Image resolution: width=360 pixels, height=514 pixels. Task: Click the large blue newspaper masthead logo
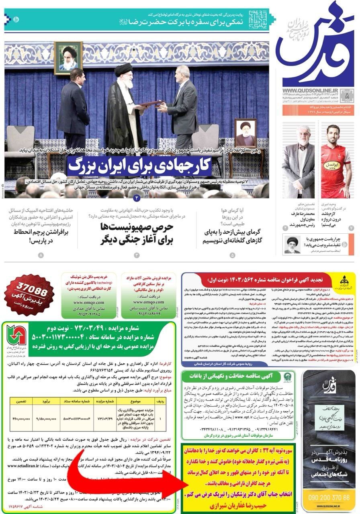click(315, 44)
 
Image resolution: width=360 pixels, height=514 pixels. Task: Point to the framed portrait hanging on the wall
click(68, 57)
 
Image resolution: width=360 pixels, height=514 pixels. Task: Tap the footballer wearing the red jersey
click(336, 161)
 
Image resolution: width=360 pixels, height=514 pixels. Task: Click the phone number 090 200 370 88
click(329, 498)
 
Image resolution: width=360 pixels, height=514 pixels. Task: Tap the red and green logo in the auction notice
click(16, 335)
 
